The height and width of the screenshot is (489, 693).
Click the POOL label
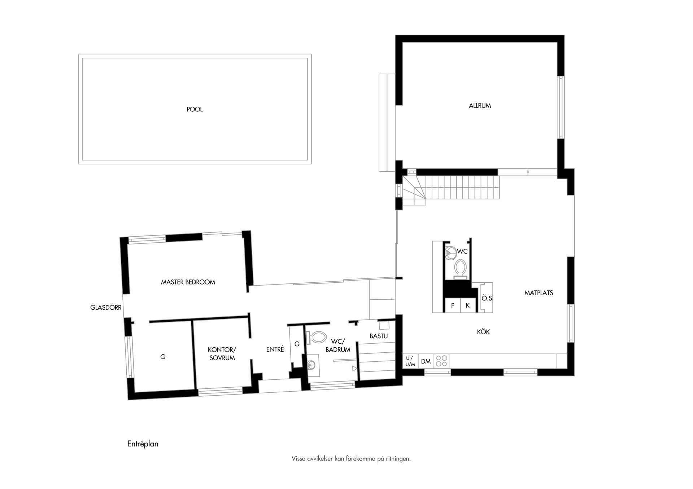click(195, 109)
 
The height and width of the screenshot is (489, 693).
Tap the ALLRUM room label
click(480, 106)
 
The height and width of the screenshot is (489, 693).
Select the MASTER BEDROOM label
click(188, 282)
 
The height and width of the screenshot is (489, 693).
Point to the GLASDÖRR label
click(106, 308)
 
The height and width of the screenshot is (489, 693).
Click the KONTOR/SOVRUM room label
click(222, 354)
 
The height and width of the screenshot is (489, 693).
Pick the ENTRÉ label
click(275, 349)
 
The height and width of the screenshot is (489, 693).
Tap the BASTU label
click(379, 336)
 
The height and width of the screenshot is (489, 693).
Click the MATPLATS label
click(539, 293)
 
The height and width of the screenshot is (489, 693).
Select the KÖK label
click(483, 332)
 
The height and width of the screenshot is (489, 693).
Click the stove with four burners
click(441, 361)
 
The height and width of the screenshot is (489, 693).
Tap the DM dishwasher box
click(426, 361)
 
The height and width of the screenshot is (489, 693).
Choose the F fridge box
click(453, 305)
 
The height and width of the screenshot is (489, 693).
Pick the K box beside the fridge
click(468, 305)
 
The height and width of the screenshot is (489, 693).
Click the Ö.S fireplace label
click(487, 298)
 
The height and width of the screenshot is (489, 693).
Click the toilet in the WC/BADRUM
click(315, 338)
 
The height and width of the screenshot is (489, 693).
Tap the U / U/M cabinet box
click(410, 361)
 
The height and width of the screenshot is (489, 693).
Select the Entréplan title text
click(143, 444)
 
